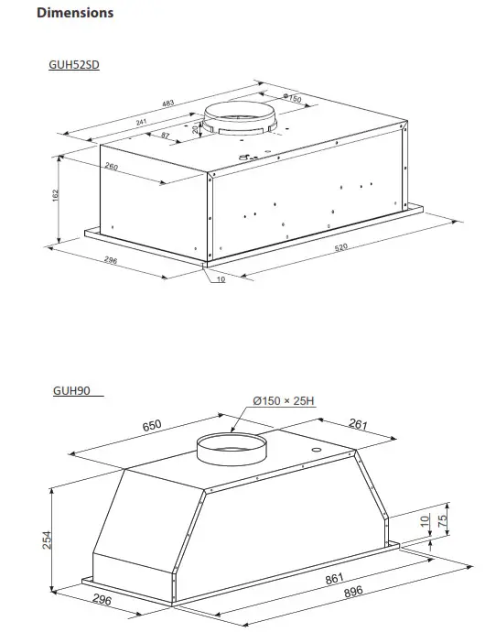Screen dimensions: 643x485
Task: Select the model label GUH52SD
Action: [x=73, y=65]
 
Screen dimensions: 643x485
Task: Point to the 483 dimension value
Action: [x=167, y=104]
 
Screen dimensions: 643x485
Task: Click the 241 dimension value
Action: [x=141, y=121]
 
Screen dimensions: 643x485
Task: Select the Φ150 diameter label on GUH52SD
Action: [x=291, y=98]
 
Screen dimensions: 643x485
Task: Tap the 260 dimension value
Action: [x=111, y=167]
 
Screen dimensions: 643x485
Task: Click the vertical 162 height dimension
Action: [x=55, y=196]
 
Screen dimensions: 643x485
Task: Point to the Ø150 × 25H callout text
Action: [x=284, y=401]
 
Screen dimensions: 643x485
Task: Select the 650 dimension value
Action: [x=152, y=424]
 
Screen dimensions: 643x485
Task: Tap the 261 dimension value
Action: [x=358, y=423]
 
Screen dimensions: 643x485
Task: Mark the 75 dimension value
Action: [x=441, y=520]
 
